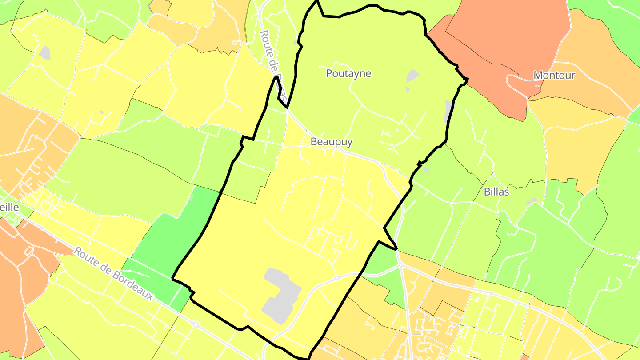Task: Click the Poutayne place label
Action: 348,73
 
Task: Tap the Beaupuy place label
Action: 332,142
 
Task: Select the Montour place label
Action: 554,75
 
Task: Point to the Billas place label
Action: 496,192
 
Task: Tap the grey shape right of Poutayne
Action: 413,76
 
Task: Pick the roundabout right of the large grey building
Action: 336,278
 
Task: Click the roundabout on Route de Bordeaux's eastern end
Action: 196,325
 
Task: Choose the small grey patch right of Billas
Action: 530,202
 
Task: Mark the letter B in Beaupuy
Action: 314,142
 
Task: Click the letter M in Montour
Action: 538,75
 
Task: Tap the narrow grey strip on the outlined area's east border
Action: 448,111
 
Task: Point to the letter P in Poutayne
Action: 329,73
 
